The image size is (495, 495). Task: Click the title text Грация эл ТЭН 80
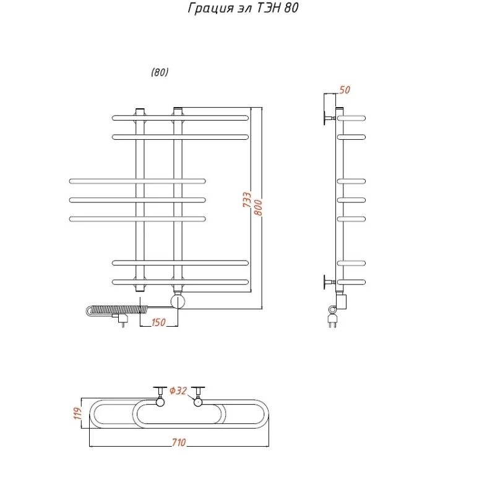click(x=243, y=8)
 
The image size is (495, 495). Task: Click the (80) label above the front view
click(x=160, y=72)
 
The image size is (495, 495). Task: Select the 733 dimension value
click(x=247, y=199)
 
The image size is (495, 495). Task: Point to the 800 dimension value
click(x=258, y=207)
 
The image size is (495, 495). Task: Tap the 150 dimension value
click(x=158, y=322)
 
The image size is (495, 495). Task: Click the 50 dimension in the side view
click(x=345, y=90)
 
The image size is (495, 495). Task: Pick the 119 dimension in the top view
click(x=77, y=413)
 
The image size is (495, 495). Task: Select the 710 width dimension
click(x=179, y=442)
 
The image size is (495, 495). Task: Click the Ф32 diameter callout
click(x=178, y=391)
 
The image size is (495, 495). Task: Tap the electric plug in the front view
click(x=122, y=319)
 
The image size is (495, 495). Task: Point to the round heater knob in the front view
click(x=178, y=301)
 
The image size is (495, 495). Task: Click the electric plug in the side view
click(x=332, y=318)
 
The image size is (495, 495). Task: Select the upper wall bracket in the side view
click(x=329, y=118)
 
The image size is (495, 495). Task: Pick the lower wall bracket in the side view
click(x=329, y=282)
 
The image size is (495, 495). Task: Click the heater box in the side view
click(x=342, y=301)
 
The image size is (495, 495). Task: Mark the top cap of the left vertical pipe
click(x=140, y=111)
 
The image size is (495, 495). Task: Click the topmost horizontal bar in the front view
click(x=180, y=118)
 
